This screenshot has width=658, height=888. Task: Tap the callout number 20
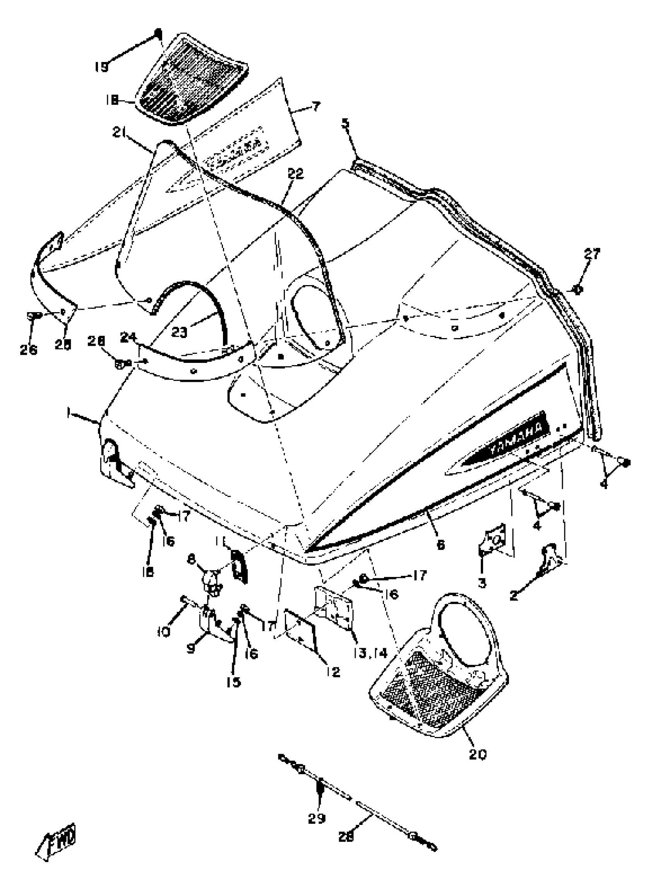(477, 754)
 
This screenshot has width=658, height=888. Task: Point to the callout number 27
(592, 254)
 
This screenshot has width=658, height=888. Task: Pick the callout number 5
(345, 123)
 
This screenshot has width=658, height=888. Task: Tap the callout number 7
(315, 107)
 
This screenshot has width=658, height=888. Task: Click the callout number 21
(120, 133)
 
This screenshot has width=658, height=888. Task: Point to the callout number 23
(179, 332)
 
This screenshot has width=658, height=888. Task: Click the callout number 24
(129, 338)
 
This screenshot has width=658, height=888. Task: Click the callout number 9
(191, 648)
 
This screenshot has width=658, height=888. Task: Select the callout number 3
(482, 584)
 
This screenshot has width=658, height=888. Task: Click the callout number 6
(440, 545)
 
